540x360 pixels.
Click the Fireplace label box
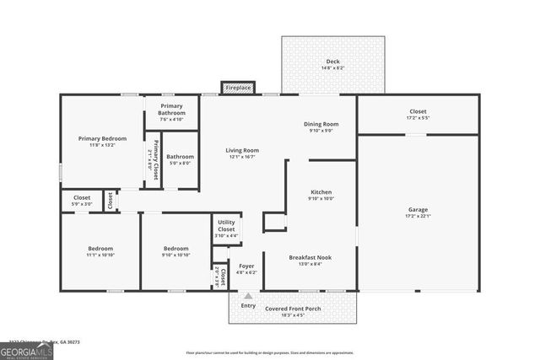click(237, 87)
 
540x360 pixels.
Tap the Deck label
click(332, 62)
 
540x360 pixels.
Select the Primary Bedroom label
click(102, 138)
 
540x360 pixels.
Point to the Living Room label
click(242, 151)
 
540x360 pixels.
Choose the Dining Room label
click(321, 125)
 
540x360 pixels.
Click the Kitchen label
click(321, 192)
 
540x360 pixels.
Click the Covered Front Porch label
click(291, 309)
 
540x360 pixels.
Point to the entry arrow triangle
click(248, 296)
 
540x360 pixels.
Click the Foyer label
click(247, 266)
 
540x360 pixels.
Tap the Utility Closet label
click(226, 225)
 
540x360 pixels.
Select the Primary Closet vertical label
click(153, 156)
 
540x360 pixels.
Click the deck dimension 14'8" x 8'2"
click(332, 68)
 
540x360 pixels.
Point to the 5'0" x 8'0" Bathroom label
click(180, 159)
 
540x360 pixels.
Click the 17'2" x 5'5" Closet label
click(418, 115)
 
